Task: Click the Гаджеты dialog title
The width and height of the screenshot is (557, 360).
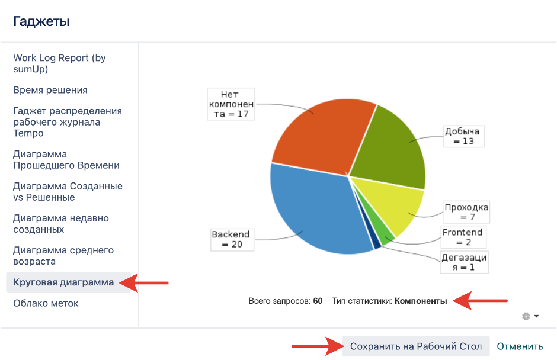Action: click(41, 22)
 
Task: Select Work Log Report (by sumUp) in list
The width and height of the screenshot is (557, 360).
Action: click(59, 63)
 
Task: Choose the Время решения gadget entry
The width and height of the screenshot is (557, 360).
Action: click(50, 90)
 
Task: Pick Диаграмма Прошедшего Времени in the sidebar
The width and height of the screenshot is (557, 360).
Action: click(66, 159)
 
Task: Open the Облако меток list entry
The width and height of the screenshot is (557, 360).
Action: click(46, 303)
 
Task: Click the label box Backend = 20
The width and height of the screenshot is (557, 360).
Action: click(231, 239)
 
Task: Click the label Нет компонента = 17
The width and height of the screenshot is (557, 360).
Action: click(231, 104)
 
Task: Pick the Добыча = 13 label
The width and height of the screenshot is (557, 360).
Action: click(463, 136)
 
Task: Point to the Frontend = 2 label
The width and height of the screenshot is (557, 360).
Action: click(463, 237)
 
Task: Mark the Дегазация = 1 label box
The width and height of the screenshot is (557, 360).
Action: click(464, 262)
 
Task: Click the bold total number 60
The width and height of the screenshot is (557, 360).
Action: click(318, 301)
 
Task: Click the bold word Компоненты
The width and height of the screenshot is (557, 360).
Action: click(421, 301)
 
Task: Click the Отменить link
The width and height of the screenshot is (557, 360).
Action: click(520, 346)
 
